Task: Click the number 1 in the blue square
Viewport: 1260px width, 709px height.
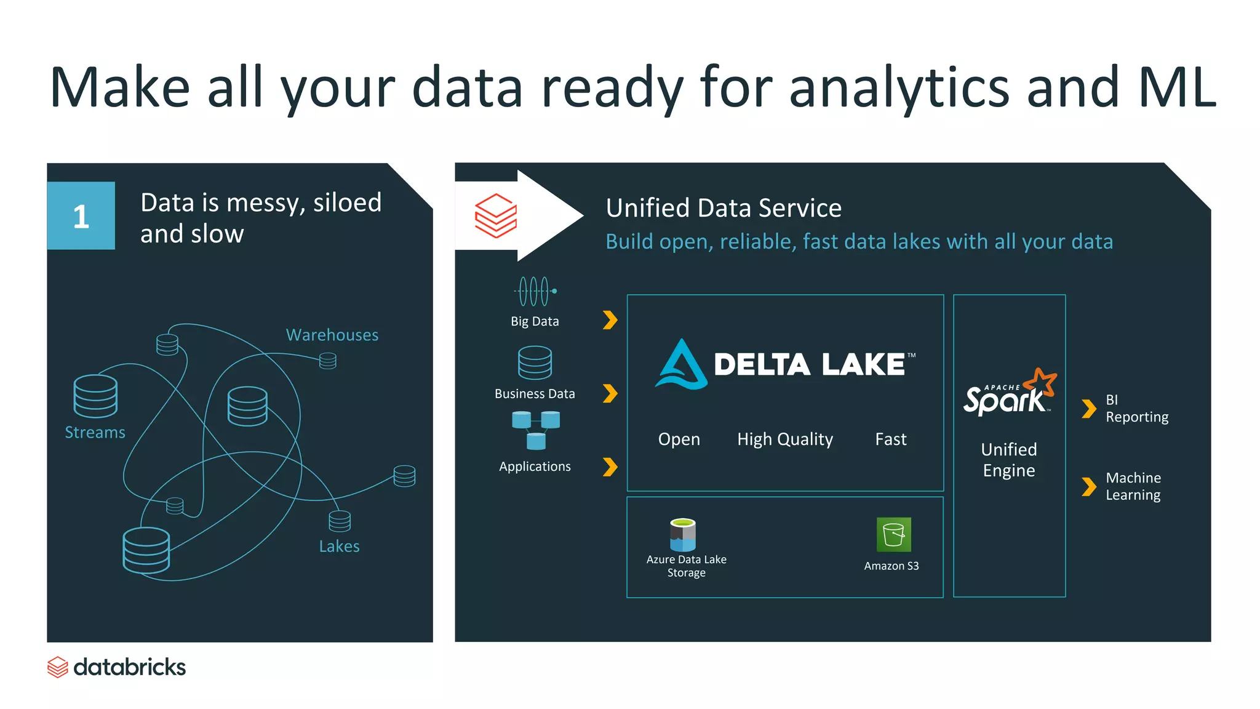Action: coord(81,217)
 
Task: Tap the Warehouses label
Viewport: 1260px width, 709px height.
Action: coord(332,335)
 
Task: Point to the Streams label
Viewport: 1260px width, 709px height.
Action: coord(95,433)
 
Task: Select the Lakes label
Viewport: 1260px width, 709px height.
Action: coord(339,547)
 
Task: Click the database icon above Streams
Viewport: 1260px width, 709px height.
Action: coord(95,396)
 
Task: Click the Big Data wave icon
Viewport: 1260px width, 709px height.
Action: coord(535,291)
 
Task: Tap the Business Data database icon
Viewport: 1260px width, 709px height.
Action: coord(535,363)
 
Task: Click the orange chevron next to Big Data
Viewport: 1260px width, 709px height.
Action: coord(610,320)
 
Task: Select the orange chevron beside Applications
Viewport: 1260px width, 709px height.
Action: coord(610,467)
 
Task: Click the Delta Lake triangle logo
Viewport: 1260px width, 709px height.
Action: coord(681,364)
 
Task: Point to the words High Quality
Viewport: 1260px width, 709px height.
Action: coord(785,439)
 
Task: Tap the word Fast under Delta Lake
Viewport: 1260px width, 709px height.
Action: coord(891,439)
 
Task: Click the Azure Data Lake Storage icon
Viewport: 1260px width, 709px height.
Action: coord(683,534)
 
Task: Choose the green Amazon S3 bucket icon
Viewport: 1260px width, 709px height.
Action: coord(893,534)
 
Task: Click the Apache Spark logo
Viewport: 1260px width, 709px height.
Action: coord(1009,393)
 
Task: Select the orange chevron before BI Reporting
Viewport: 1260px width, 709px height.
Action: coord(1089,409)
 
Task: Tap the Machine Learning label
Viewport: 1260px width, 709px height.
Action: coord(1133,486)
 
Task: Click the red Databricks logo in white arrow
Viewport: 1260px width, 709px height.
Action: coord(496,215)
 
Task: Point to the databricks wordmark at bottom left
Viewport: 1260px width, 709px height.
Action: coord(129,667)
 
